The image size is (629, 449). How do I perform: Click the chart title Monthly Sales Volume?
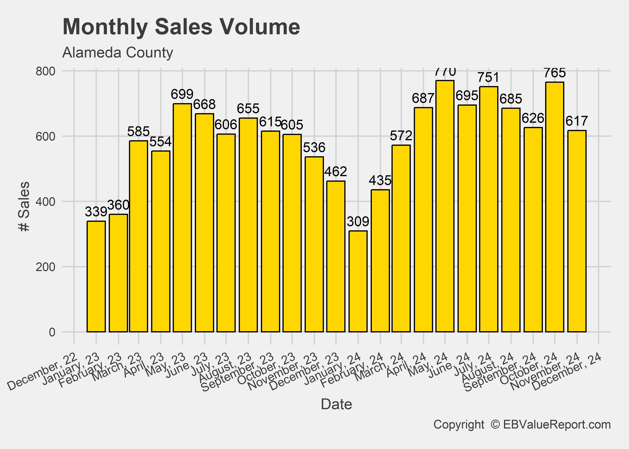coord(181,27)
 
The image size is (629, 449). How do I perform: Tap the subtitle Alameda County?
coord(118,53)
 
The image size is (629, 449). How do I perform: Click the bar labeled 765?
coord(555,207)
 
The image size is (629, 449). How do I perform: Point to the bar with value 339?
coord(96,276)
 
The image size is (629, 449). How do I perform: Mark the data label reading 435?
coord(380,180)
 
